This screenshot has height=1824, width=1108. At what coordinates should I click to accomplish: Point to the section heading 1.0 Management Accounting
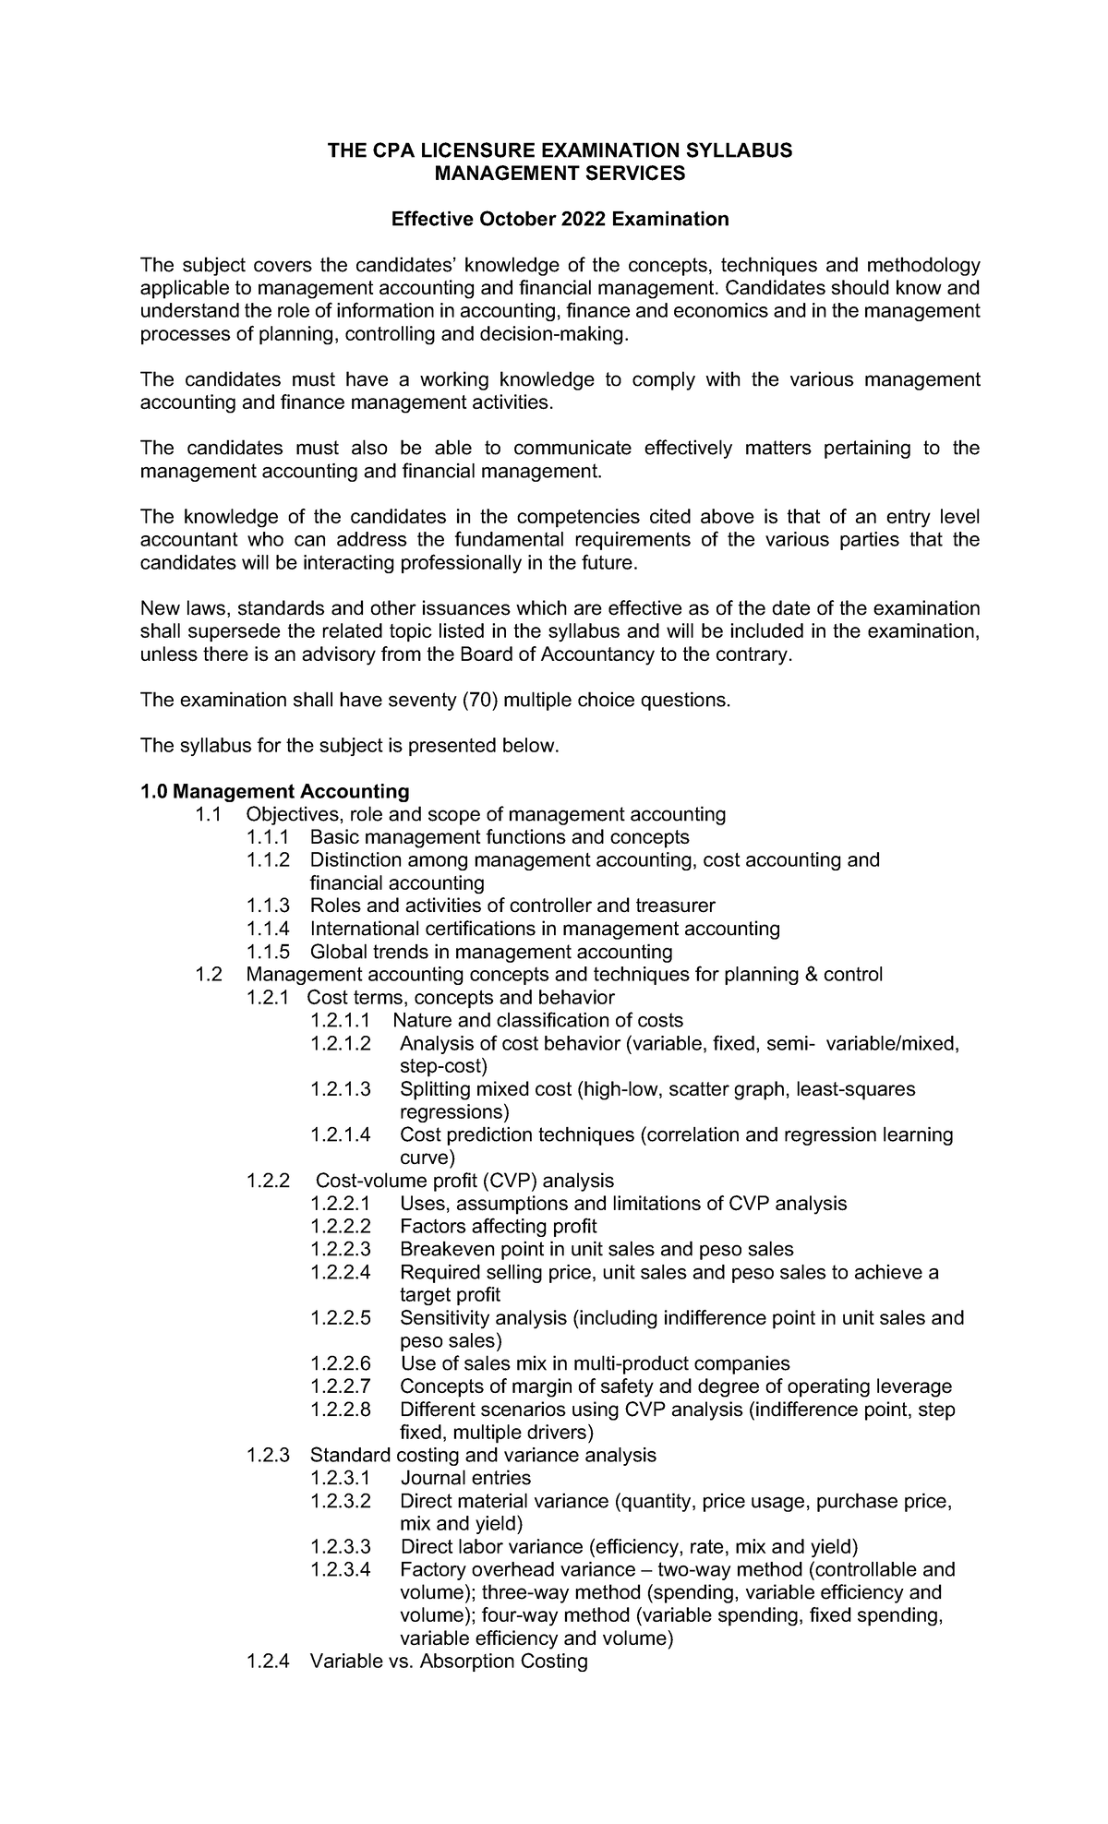pos(274,791)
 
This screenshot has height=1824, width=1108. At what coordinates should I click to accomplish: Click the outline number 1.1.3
pos(268,906)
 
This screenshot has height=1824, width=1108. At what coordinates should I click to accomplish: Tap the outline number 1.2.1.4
pos(341,1134)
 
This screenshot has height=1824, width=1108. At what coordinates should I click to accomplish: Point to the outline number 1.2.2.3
pos(341,1249)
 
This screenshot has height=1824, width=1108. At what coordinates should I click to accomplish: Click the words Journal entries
pos(465,1478)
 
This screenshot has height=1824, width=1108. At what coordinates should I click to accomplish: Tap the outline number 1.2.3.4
pos(341,1569)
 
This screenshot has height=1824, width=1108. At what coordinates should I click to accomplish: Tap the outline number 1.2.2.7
pos(341,1386)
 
